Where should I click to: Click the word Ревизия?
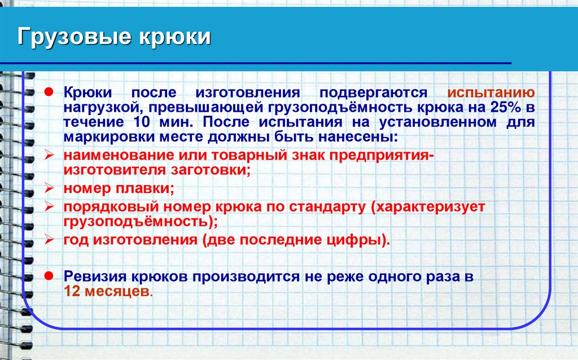[99, 277]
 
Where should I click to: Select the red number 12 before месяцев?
[72, 292]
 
